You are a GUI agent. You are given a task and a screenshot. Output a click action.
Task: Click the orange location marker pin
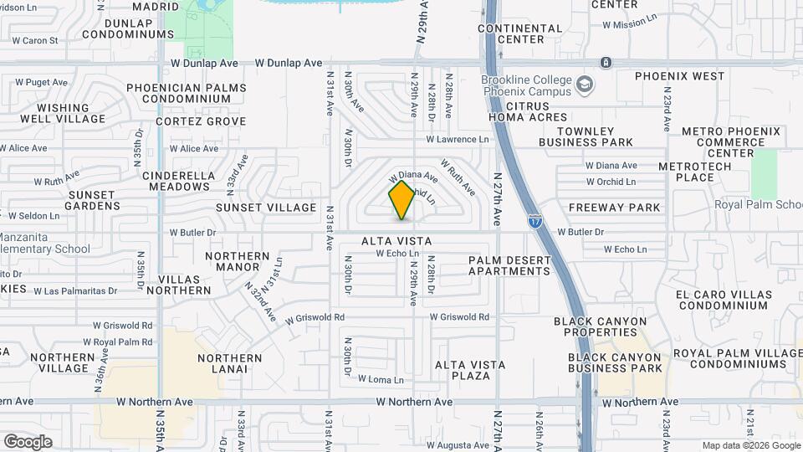tap(402, 200)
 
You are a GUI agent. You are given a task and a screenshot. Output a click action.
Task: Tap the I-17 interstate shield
tap(534, 221)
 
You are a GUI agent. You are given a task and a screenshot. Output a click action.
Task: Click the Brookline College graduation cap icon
tap(583, 84)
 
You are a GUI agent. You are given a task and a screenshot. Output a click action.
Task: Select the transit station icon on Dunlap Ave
tap(606, 63)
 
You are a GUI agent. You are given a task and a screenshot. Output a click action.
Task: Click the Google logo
tap(28, 441)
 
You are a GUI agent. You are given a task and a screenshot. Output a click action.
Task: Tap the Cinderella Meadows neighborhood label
tap(179, 181)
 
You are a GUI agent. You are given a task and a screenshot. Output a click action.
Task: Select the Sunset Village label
tap(266, 208)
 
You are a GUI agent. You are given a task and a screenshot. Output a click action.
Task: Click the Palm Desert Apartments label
tap(509, 265)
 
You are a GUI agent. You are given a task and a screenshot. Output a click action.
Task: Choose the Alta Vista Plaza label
tap(470, 370)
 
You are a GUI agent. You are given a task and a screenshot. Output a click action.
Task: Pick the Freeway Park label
tap(614, 208)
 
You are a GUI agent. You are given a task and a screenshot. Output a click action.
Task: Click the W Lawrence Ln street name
tap(457, 140)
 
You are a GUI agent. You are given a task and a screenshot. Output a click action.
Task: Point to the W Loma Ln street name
tap(381, 379)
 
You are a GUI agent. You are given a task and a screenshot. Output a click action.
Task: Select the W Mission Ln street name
tap(632, 24)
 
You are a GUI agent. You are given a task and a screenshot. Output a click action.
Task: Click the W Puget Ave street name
tap(41, 82)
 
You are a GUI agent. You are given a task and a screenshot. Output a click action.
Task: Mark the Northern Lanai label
tap(222, 363)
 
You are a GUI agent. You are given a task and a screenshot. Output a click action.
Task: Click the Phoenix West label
tap(679, 76)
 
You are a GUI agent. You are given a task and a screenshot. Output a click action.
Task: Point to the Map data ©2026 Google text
tap(750, 445)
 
